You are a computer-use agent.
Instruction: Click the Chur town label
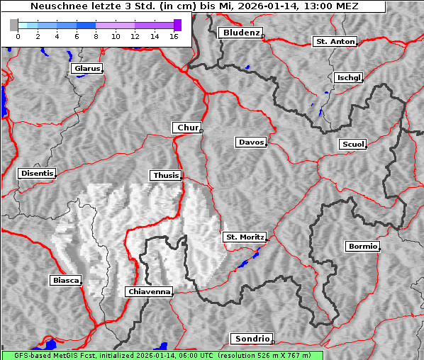click(x=187, y=128)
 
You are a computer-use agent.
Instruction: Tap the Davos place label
click(x=250, y=142)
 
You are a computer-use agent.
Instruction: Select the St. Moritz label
click(x=244, y=237)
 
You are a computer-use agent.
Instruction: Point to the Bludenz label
click(x=240, y=33)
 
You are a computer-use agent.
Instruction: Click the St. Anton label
click(x=334, y=42)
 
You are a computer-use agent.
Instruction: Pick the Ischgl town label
click(x=348, y=77)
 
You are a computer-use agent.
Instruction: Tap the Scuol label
click(x=352, y=144)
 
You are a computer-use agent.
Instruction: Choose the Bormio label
click(x=362, y=247)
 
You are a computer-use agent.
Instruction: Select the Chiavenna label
click(x=149, y=291)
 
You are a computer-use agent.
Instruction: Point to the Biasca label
click(x=66, y=280)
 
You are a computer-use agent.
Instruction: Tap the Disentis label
click(x=37, y=173)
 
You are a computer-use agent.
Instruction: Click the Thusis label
click(x=166, y=175)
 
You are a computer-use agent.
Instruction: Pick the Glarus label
click(x=86, y=69)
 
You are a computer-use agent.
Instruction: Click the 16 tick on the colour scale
click(x=173, y=36)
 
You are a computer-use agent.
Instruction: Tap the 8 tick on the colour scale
click(x=96, y=36)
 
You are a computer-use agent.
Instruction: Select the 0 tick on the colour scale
click(x=18, y=36)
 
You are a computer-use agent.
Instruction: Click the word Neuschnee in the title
click(x=55, y=6)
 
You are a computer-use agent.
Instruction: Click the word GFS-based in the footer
click(x=26, y=355)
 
